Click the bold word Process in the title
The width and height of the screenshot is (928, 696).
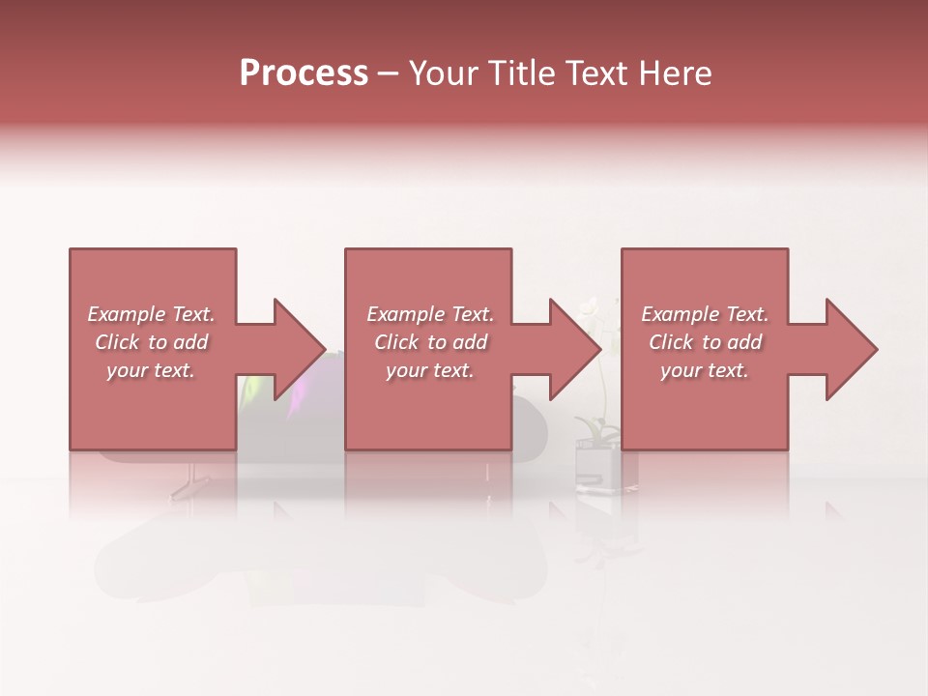pyautogui.click(x=304, y=73)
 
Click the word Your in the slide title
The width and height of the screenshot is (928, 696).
pyautogui.click(x=444, y=73)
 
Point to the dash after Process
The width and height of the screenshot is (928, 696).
pyautogui.click(x=388, y=74)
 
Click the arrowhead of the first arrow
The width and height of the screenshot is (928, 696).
pyautogui.click(x=297, y=349)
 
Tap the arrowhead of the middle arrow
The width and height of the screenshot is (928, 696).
pyautogui.click(x=573, y=349)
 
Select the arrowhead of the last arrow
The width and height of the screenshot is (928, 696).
pyautogui.click(x=850, y=349)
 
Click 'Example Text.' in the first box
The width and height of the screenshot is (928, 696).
pyautogui.click(x=151, y=314)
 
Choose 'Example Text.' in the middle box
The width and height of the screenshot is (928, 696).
pyautogui.click(x=430, y=314)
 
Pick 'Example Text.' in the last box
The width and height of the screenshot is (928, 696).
pyautogui.click(x=705, y=314)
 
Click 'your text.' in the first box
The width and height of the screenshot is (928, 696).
pyautogui.click(x=151, y=370)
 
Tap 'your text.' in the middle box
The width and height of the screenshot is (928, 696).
pyautogui.click(x=430, y=370)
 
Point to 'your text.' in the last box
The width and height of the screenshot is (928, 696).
pyautogui.click(x=705, y=370)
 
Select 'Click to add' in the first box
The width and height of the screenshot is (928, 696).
pyautogui.click(x=151, y=342)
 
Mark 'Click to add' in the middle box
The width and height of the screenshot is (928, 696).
pyautogui.click(x=430, y=342)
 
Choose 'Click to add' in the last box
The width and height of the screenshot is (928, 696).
pyautogui.click(x=705, y=342)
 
